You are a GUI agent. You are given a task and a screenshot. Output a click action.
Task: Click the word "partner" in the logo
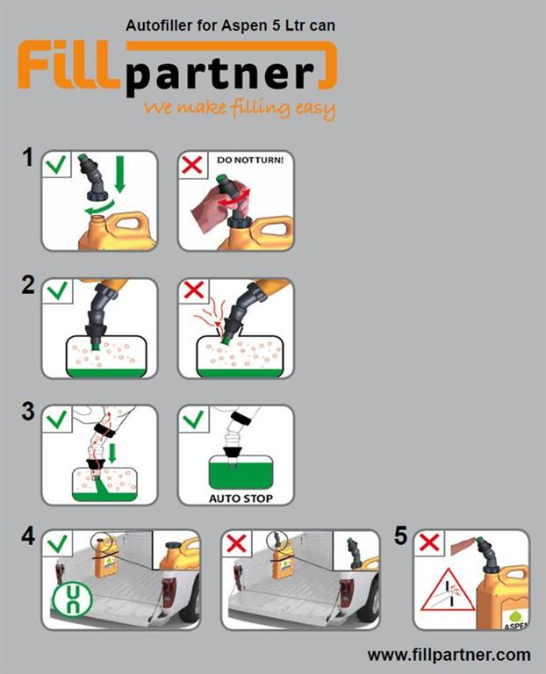[220, 76]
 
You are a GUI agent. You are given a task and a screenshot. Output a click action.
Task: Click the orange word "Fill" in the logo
[68, 64]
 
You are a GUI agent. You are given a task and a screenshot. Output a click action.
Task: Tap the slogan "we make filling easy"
[240, 107]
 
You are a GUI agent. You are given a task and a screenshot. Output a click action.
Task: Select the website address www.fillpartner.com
[449, 655]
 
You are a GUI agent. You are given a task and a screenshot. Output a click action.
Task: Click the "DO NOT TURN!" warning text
[250, 160]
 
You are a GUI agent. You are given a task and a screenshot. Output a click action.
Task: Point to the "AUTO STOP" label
[241, 498]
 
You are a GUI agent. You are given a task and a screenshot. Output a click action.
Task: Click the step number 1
[28, 157]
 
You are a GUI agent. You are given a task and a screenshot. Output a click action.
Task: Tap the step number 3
[28, 412]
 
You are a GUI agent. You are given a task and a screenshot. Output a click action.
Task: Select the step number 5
[400, 535]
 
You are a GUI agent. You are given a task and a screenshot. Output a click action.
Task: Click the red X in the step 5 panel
[428, 542]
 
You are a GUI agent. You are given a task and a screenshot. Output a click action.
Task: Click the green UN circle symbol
[72, 599]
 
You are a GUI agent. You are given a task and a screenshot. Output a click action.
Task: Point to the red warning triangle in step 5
[449, 591]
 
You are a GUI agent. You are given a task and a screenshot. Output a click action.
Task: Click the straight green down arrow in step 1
[120, 174]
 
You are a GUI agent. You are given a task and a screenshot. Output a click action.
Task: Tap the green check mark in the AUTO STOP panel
[193, 419]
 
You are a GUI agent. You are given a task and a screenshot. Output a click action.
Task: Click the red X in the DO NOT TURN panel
[192, 165]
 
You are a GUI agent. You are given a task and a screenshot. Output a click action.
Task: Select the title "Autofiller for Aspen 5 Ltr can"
[231, 25]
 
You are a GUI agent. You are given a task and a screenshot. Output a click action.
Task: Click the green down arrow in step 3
[112, 454]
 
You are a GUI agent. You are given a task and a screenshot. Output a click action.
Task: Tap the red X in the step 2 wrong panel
[193, 290]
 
